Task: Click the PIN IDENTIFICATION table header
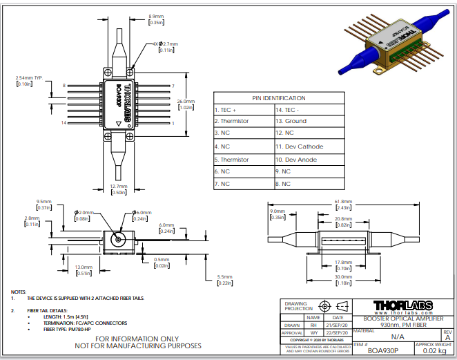[279, 98]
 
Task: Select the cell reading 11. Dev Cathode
[300, 146]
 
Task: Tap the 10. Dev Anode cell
[297, 159]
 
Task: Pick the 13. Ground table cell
[291, 121]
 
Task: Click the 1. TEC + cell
[225, 110]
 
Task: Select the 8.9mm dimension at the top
[157, 15]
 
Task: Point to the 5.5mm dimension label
[226, 277]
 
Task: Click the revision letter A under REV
[447, 337]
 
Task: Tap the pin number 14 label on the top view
[63, 123]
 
